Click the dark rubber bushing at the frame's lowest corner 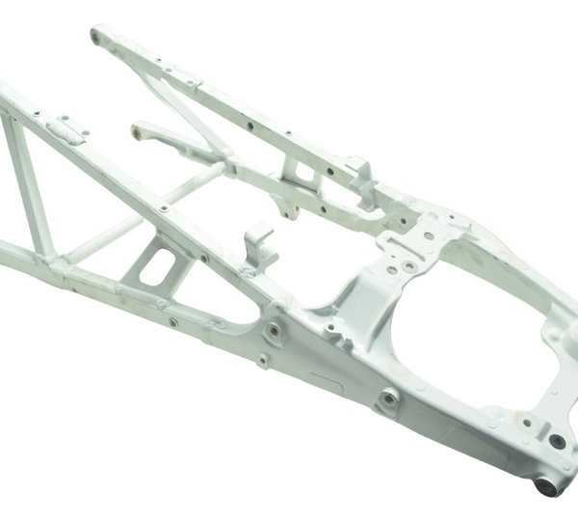[548, 484]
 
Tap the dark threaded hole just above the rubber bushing [556, 440]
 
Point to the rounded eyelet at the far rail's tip [97, 37]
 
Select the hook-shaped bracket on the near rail [260, 246]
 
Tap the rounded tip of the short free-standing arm [137, 128]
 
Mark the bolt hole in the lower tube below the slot [171, 322]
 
